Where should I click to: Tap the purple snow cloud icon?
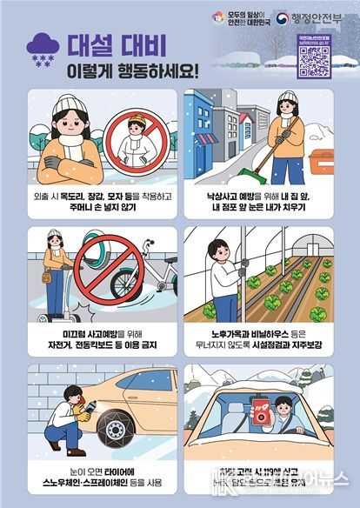[44, 47]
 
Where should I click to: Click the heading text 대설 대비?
[112, 42]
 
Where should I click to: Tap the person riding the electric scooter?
[58, 262]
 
